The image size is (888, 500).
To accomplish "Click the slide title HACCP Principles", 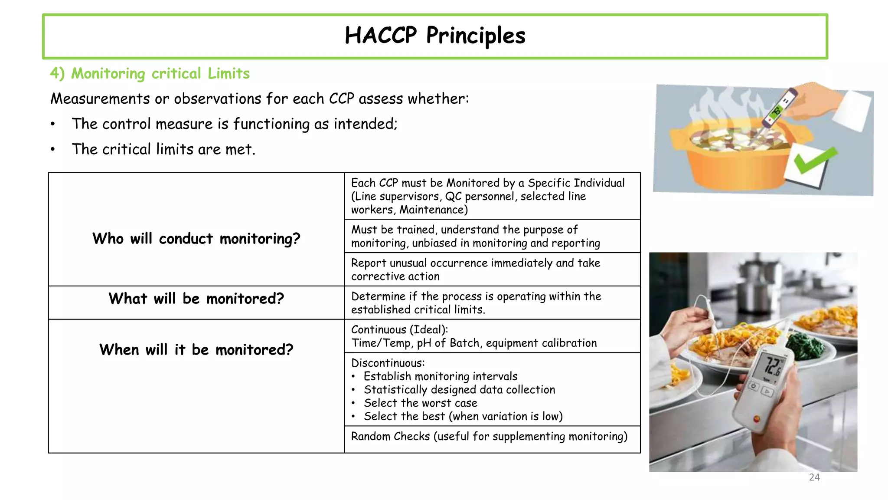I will pyautogui.click(x=435, y=36).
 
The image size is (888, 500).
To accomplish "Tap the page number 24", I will pyautogui.click(x=814, y=477).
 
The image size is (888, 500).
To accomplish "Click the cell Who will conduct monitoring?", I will pyautogui.click(x=196, y=239).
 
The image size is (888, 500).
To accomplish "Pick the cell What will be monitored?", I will pyautogui.click(x=196, y=299).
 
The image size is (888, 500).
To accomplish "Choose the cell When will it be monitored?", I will pyautogui.click(x=196, y=350).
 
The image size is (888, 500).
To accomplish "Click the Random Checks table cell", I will pyautogui.click(x=489, y=437).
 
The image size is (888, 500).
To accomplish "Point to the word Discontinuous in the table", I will pyautogui.click(x=387, y=363).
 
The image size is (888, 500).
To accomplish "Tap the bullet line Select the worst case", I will pyautogui.click(x=420, y=403).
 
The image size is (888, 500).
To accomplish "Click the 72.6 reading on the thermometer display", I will pyautogui.click(x=772, y=366).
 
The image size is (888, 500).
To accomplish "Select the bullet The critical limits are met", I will pyautogui.click(x=163, y=149).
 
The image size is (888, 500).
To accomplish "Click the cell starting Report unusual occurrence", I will pyautogui.click(x=475, y=270).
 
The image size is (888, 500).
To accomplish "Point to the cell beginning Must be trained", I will pyautogui.click(x=475, y=236).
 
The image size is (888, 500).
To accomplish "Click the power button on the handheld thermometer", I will pyautogui.click(x=754, y=386).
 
